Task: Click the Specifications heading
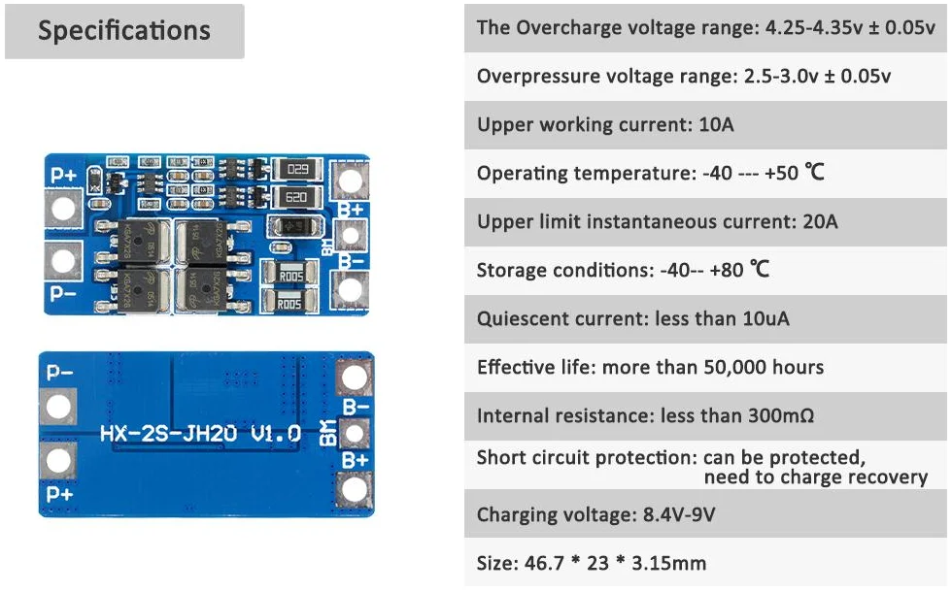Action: point(124,30)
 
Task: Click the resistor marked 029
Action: point(297,171)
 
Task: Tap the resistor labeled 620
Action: point(297,198)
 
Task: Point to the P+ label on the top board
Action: point(64,175)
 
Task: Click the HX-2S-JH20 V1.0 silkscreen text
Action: point(200,433)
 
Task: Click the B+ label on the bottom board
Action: point(354,458)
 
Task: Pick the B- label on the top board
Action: point(351,260)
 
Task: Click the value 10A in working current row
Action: point(718,124)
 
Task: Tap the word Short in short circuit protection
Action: point(499,457)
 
